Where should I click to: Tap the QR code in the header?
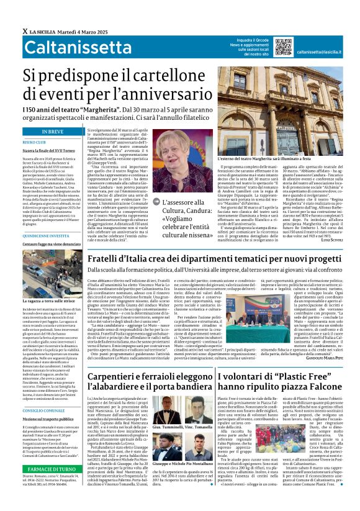click(283, 47)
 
